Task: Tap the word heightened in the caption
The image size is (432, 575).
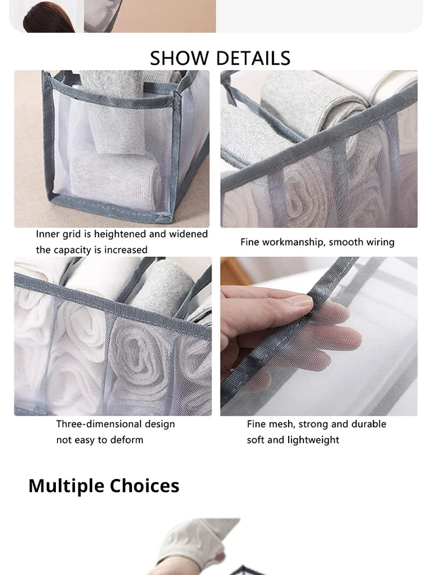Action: pos(120,235)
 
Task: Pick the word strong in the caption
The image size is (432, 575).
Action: pos(316,424)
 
